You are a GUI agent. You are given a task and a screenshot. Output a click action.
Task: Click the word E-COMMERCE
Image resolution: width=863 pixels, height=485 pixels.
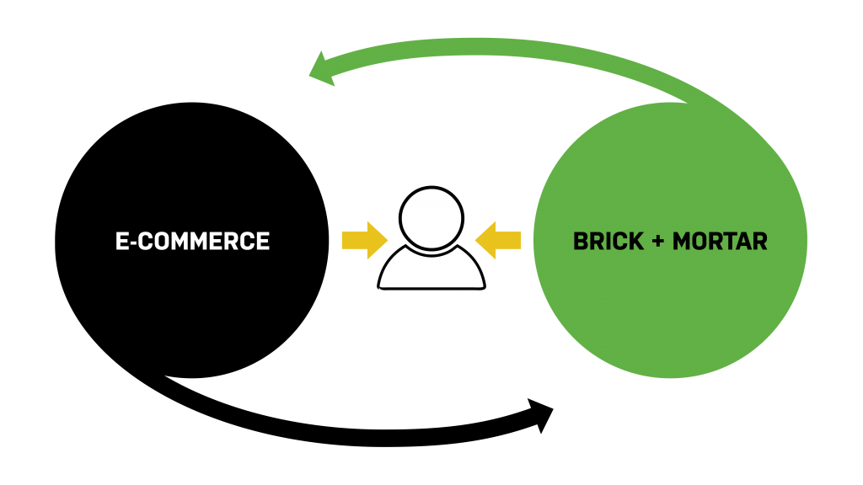point(192,242)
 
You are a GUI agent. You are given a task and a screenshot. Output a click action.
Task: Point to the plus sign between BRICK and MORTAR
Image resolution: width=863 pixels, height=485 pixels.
point(657,242)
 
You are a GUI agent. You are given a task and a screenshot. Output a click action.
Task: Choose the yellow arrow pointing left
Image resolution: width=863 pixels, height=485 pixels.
point(498,240)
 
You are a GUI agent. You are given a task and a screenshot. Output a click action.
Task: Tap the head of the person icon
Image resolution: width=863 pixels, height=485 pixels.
point(431,218)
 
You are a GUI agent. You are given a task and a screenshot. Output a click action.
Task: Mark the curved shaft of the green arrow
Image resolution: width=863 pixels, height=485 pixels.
point(506,46)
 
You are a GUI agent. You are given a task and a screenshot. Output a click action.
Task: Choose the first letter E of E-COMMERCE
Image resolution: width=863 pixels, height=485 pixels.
point(121,242)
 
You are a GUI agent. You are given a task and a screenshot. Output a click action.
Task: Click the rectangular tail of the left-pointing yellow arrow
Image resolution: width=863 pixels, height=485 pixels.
point(509,240)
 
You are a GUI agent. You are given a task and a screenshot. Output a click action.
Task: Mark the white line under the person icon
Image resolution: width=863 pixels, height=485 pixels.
point(433,291)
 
